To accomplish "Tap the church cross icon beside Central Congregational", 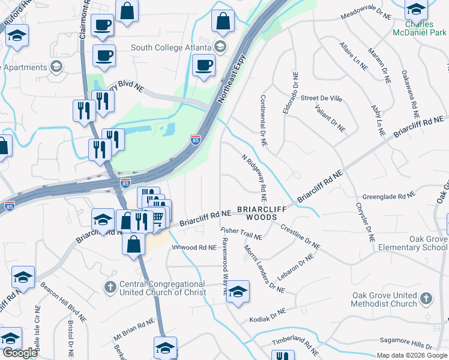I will pos(110,287).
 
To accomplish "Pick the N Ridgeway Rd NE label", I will pos(255,178).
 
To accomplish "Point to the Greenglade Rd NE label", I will pos(389,196).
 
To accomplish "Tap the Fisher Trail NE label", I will pos(241,233).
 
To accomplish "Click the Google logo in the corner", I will pos(20,352).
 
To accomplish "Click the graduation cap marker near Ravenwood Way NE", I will pos(238,292).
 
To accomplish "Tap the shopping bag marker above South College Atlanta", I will pos(223,22).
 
